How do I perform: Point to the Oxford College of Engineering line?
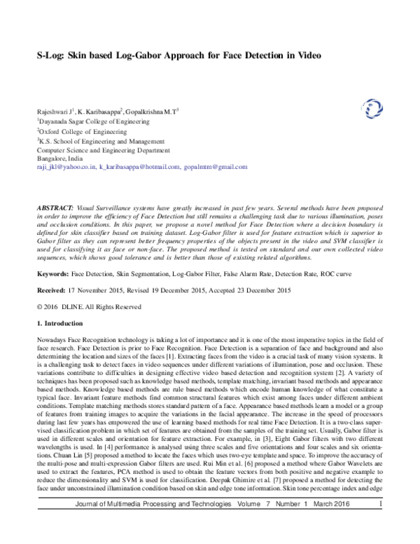point(78,130)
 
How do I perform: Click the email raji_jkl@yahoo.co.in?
point(65,168)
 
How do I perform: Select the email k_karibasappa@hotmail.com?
point(138,168)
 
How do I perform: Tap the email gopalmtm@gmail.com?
point(215,168)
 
